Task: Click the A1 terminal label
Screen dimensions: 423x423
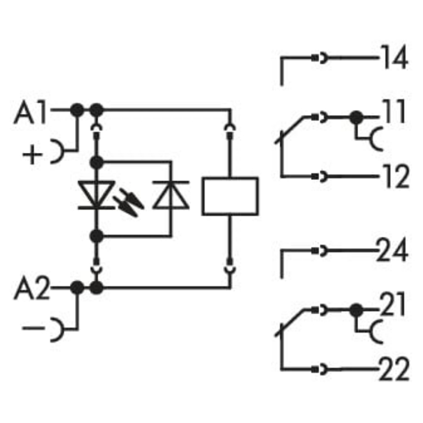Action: tap(33, 114)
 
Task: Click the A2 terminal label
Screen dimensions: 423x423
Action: tap(33, 292)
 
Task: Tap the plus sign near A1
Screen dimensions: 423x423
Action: tap(35, 153)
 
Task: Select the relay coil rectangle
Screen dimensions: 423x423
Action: tap(230, 196)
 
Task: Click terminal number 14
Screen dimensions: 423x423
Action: tap(393, 59)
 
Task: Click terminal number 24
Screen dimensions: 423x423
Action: tap(393, 251)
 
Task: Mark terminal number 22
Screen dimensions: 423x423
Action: tap(393, 372)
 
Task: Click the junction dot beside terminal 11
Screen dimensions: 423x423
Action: tap(355, 118)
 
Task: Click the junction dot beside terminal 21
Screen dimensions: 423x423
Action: tap(355, 310)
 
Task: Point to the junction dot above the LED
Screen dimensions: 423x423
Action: tap(97, 162)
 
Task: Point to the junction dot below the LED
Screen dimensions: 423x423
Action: tap(97, 236)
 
